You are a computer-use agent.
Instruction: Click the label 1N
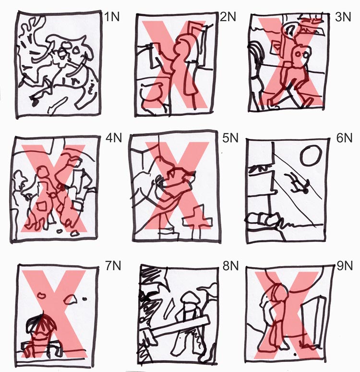tap(112, 17)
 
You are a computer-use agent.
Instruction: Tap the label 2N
tap(228, 17)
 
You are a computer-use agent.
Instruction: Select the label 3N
tap(343, 17)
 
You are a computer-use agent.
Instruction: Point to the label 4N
tap(114, 138)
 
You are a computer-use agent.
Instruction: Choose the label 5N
tap(230, 138)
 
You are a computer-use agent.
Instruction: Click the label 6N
tap(344, 138)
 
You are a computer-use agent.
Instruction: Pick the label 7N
tap(113, 266)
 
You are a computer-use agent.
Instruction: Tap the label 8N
tap(230, 266)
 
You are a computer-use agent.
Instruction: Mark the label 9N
tap(345, 266)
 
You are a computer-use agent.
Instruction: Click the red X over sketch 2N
tap(177, 64)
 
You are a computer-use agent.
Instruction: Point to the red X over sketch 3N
tap(291, 62)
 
